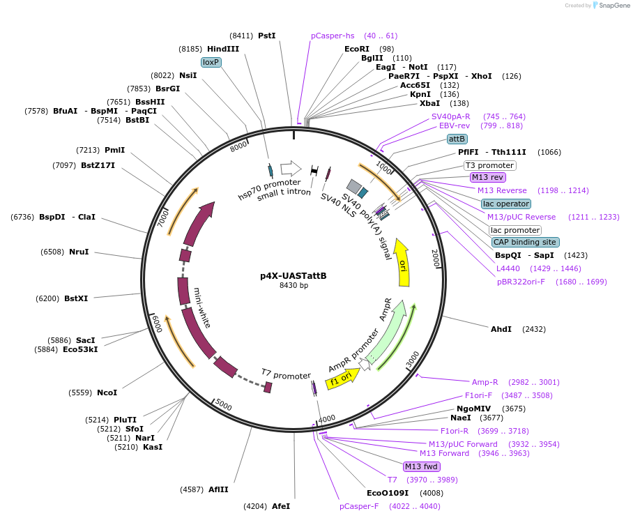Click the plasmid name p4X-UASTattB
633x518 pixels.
coord(293,275)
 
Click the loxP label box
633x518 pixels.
coord(211,62)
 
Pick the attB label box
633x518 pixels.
coord(457,139)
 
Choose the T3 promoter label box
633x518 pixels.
coord(490,165)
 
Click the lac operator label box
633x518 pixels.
coord(505,204)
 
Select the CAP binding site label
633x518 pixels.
coord(525,242)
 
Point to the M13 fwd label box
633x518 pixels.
coord(421,466)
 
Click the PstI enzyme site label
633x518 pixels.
coord(267,36)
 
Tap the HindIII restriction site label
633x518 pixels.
coord(223,49)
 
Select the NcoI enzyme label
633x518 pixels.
coord(107,393)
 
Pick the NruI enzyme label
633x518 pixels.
coord(79,252)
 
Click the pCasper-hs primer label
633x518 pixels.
coord(333,36)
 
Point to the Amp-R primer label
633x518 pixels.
coord(485,381)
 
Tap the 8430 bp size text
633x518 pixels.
coord(293,285)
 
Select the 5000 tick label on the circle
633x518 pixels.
coord(223,404)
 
